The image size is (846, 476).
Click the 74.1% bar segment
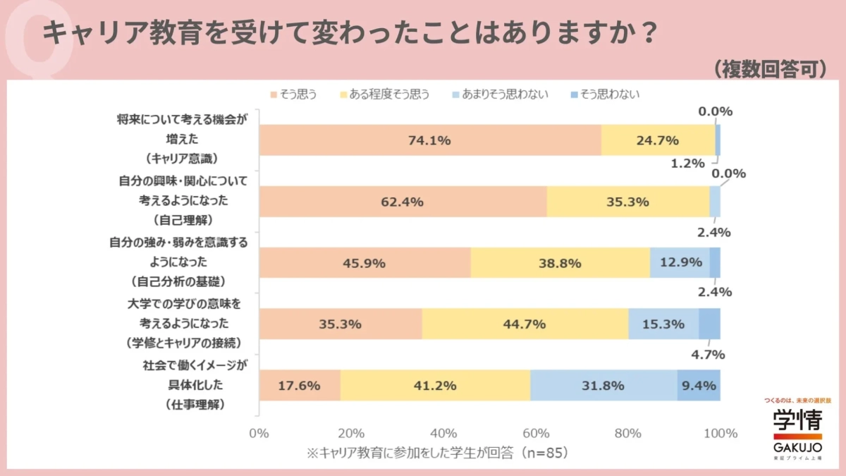(x=429, y=140)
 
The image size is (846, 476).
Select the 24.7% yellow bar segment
(x=657, y=140)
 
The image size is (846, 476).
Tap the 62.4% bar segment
(x=403, y=202)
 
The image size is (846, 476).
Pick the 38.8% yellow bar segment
(x=560, y=263)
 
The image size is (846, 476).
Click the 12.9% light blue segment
(x=680, y=263)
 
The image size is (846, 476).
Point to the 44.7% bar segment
(x=525, y=324)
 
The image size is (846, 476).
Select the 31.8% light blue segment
(x=603, y=386)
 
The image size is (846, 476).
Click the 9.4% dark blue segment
(x=699, y=386)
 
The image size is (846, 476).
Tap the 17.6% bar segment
(x=300, y=386)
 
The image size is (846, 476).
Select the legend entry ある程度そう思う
(x=385, y=94)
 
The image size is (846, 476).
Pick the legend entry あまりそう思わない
(x=500, y=94)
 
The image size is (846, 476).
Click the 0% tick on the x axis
(x=259, y=433)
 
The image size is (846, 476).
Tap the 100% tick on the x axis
(x=720, y=433)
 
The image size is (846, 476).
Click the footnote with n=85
(x=437, y=453)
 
